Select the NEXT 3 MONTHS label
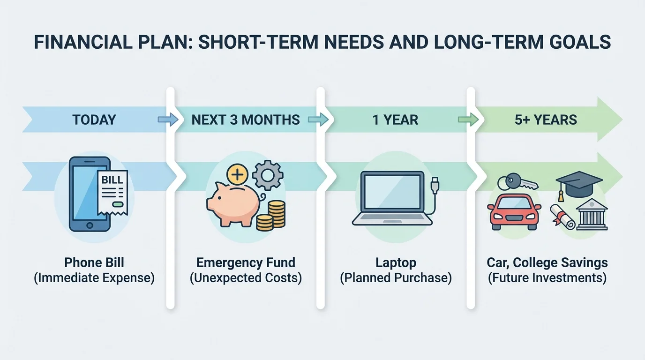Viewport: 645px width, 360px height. point(246,120)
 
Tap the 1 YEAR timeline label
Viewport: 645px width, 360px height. point(395,120)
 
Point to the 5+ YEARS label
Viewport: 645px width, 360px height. point(546,120)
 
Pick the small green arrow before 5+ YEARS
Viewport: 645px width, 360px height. point(468,120)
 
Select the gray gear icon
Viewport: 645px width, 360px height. point(268,175)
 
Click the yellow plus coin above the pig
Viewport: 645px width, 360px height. point(238,175)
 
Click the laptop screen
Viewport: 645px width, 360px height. point(392,192)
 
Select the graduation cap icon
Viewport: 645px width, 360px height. point(578,182)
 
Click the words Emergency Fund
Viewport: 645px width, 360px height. point(246,262)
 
